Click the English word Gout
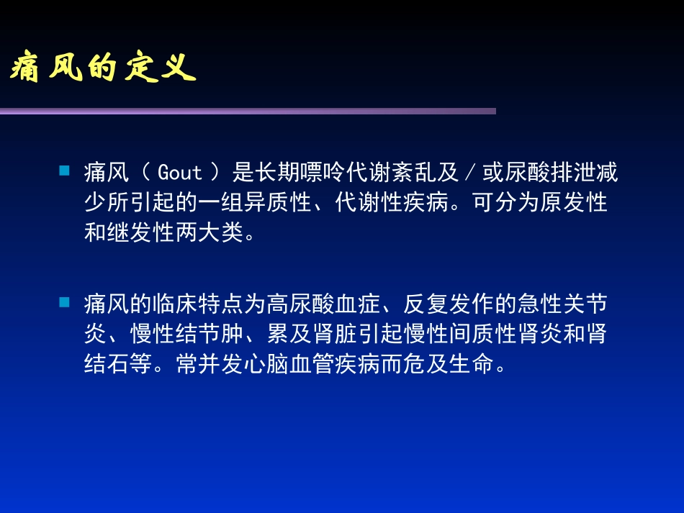180,173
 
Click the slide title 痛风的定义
103,69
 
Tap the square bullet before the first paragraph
64,171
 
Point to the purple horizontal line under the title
248,111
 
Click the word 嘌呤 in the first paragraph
324,173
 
